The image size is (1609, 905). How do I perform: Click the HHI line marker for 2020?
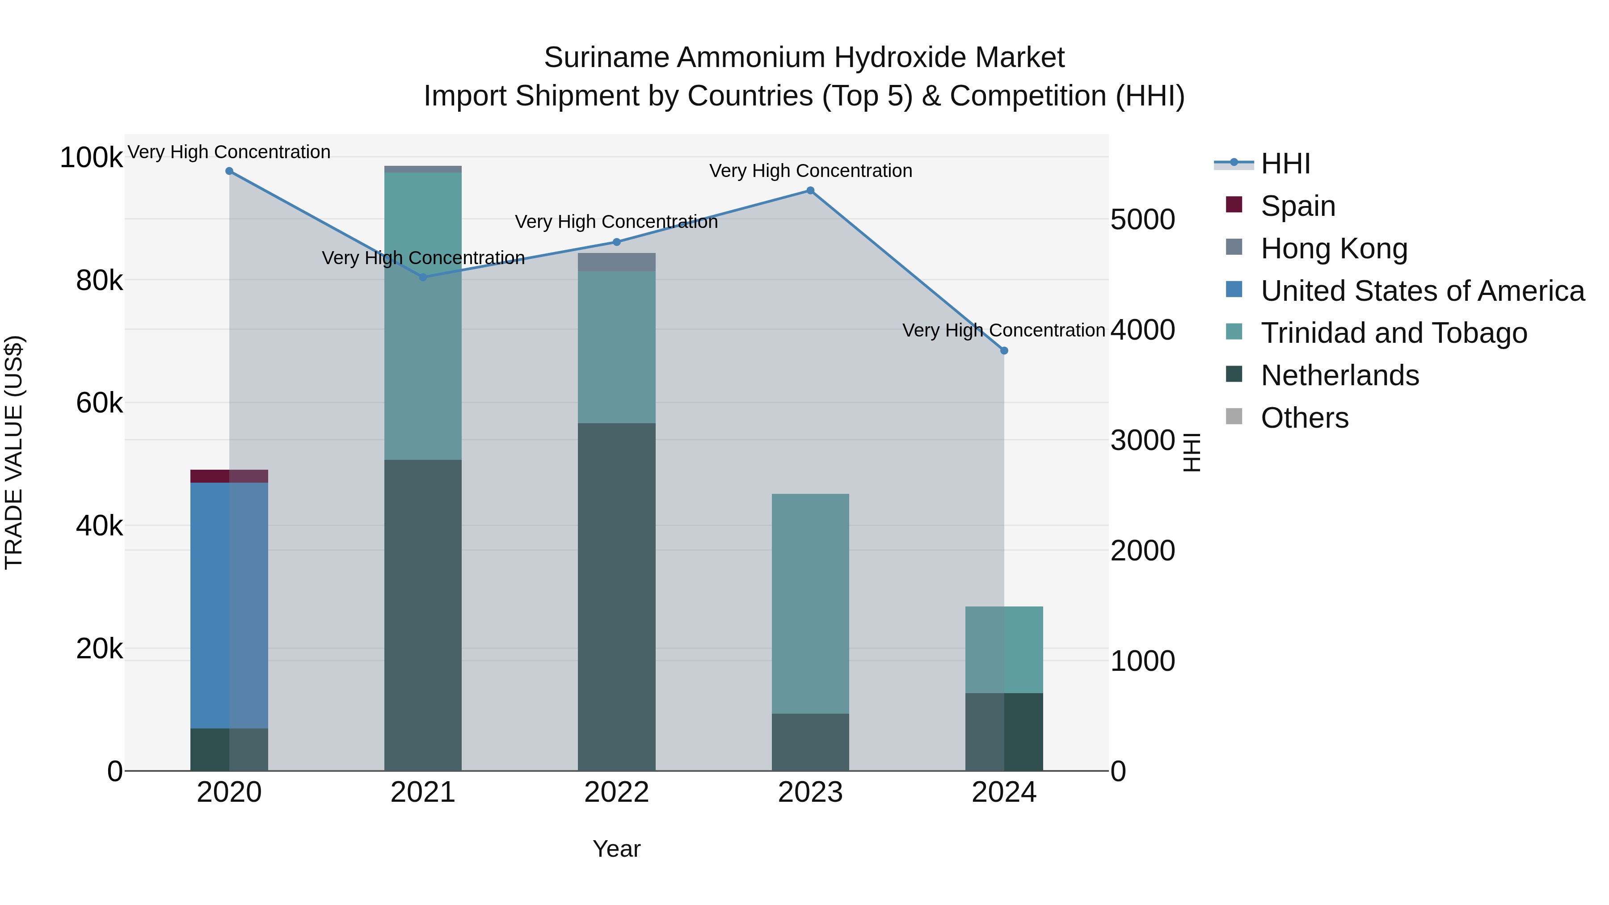coord(229,171)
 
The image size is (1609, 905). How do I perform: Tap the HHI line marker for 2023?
coord(810,190)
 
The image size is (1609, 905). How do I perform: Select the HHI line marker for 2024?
coord(1004,351)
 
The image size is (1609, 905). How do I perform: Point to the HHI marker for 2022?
coord(616,242)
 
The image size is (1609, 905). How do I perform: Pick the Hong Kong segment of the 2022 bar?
coord(616,262)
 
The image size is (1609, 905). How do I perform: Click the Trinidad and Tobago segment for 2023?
coord(810,603)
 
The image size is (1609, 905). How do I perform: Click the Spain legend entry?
coord(1297,206)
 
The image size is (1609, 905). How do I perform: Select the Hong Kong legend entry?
coord(1334,248)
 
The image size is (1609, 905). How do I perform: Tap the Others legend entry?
coord(1304,418)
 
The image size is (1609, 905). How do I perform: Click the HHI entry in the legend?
coord(1285,164)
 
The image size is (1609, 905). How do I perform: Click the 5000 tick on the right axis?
coord(1142,220)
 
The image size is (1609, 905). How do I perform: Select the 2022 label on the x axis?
coord(616,792)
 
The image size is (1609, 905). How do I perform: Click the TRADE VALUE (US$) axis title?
coord(14,452)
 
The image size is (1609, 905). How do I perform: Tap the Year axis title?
coord(616,849)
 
